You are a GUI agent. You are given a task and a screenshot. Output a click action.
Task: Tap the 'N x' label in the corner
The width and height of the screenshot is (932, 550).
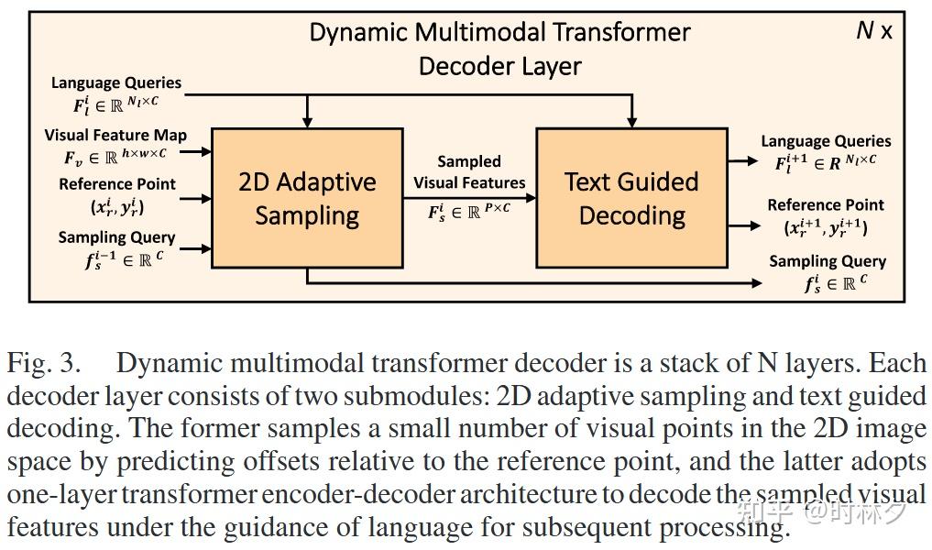pyautogui.click(x=873, y=30)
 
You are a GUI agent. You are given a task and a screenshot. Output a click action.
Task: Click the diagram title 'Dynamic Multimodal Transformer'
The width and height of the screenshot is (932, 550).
pyautogui.click(x=499, y=32)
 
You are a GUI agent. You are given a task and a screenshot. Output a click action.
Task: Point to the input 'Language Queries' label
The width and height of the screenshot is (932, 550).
pyautogui.click(x=116, y=82)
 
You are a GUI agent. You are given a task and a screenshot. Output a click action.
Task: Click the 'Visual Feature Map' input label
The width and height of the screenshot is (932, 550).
pyautogui.click(x=115, y=135)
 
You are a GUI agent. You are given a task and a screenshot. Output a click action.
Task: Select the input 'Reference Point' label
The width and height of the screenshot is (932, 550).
pyautogui.click(x=117, y=184)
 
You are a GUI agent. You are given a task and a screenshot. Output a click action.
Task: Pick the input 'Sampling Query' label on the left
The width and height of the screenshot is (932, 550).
pyautogui.click(x=116, y=237)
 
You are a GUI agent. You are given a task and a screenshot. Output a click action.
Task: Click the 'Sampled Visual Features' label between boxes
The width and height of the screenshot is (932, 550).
pyautogui.click(x=469, y=171)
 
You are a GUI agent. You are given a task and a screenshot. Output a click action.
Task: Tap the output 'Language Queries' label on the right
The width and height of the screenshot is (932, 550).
pyautogui.click(x=826, y=141)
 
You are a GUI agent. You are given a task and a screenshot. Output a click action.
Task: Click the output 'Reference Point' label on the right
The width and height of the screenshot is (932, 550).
pyautogui.click(x=826, y=205)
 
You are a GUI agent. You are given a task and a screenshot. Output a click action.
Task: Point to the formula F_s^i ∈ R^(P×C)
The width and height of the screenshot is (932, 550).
pyautogui.click(x=469, y=211)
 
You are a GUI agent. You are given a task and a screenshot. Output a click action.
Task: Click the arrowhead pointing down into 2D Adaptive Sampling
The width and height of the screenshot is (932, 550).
pyautogui.click(x=307, y=121)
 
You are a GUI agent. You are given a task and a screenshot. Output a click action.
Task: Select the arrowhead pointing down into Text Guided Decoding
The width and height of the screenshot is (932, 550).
pyautogui.click(x=631, y=121)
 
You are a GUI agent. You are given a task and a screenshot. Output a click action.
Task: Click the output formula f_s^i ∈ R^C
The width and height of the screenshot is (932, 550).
pyautogui.click(x=835, y=283)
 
